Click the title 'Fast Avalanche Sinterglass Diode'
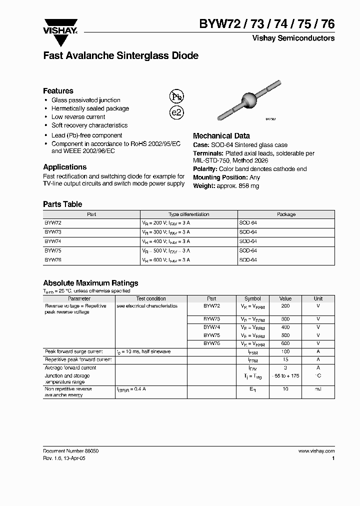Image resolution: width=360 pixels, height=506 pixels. coord(120,56)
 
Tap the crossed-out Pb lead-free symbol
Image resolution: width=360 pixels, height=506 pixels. coord(176,96)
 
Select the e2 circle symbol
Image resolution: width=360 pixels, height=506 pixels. coord(177,112)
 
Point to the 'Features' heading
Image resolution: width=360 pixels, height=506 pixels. coord(58,90)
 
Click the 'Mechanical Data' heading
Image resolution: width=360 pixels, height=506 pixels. coord(221,135)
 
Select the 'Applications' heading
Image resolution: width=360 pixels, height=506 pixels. coord(64,167)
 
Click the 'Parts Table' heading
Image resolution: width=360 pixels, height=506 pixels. coord(62,204)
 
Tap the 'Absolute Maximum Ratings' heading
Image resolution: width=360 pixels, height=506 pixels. coord(90,283)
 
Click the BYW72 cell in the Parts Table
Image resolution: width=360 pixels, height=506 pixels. coord(53,223)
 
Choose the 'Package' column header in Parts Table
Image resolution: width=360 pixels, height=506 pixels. coord(286,214)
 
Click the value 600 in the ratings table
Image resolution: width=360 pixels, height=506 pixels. coord(285,343)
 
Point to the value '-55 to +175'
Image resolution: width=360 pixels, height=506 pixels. coord(285,375)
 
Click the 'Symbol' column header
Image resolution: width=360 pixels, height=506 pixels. coord(252,298)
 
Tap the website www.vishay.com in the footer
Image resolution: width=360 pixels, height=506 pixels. coord(316,450)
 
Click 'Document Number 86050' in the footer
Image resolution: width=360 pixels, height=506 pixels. coord(71,450)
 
